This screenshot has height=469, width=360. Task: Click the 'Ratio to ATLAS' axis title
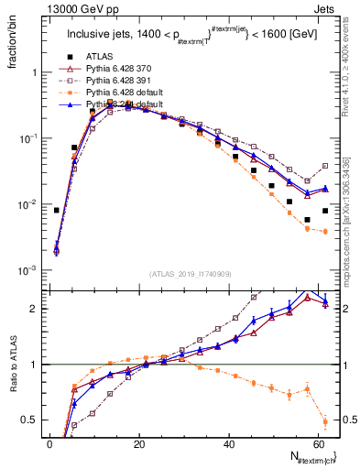[x=12, y=365]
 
